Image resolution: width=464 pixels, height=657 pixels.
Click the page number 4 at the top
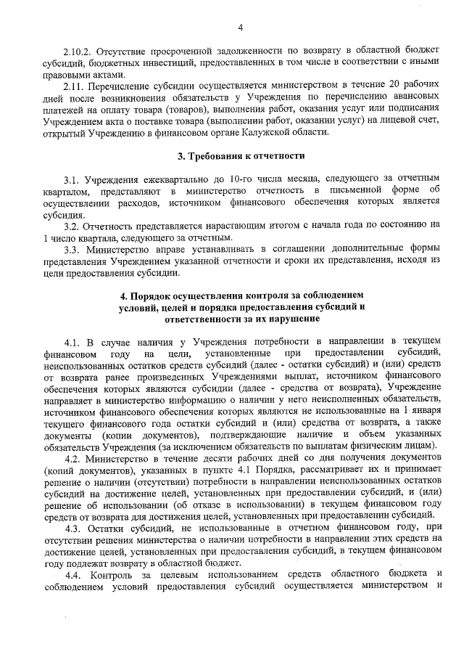(239, 28)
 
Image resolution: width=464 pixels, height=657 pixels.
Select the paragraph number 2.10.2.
(76, 54)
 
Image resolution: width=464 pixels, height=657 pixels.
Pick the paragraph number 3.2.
(70, 226)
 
